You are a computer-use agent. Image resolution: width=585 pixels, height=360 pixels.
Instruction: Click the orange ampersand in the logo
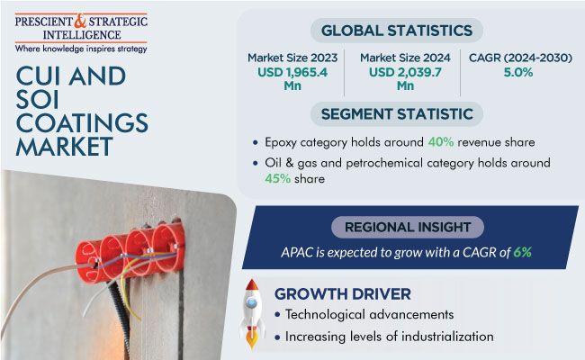click(x=80, y=22)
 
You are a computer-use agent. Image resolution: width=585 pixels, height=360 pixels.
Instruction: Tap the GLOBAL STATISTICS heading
click(x=397, y=31)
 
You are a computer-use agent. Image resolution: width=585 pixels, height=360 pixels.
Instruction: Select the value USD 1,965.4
click(x=292, y=72)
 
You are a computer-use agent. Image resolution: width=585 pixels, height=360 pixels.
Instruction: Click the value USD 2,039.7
click(x=405, y=72)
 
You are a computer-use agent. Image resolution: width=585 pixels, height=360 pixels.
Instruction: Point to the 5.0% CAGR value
click(x=518, y=72)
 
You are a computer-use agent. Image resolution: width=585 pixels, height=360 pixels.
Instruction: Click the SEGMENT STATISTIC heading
click(x=397, y=114)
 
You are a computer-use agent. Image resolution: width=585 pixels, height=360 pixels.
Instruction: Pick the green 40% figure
click(x=441, y=142)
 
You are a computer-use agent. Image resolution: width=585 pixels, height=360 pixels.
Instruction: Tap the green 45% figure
click(x=277, y=179)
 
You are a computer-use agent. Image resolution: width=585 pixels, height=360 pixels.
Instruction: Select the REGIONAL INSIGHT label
click(x=408, y=227)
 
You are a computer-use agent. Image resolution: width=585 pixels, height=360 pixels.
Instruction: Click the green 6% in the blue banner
click(x=522, y=253)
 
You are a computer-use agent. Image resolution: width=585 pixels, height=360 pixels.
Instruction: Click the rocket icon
click(x=252, y=313)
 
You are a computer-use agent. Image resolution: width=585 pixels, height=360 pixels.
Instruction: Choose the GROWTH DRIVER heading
click(x=343, y=294)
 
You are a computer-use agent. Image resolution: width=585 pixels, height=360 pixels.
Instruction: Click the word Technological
click(x=324, y=314)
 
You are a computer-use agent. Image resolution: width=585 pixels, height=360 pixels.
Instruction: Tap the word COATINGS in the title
click(x=82, y=122)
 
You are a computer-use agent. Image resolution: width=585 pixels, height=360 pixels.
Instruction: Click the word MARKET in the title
click(x=64, y=146)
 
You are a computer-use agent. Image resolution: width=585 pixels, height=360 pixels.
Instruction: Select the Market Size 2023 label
click(x=292, y=58)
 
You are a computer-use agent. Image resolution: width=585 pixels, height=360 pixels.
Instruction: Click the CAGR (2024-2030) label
click(x=520, y=58)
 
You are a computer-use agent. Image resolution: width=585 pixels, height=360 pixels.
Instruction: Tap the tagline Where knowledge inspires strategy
click(x=81, y=49)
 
